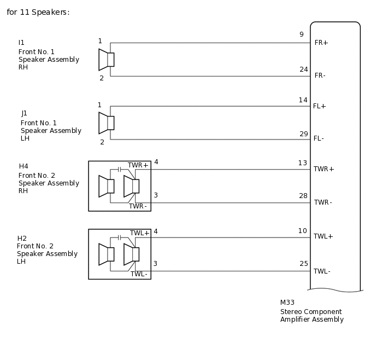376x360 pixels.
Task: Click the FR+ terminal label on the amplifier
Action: (321, 43)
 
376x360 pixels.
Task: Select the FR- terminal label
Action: (320, 76)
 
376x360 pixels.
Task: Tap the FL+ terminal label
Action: (319, 106)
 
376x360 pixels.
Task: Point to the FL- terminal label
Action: (319, 138)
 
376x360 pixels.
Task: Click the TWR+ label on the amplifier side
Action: (324, 169)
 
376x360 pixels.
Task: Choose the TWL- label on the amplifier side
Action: (322, 271)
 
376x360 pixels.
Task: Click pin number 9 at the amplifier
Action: (301, 34)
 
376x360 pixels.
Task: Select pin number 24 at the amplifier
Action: (303, 69)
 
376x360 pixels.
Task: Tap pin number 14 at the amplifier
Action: (303, 100)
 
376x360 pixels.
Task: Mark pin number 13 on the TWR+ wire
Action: (302, 162)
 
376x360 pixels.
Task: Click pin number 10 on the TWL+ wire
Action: (302, 231)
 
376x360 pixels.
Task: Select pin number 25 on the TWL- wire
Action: (303, 264)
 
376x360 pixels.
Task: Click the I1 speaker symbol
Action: (106, 60)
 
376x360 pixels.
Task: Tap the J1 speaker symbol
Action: (106, 123)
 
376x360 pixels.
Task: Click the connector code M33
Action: (287, 303)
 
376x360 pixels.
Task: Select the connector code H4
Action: (23, 166)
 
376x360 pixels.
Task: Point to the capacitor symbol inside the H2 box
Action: (119, 237)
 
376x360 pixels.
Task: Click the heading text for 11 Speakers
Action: (38, 12)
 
